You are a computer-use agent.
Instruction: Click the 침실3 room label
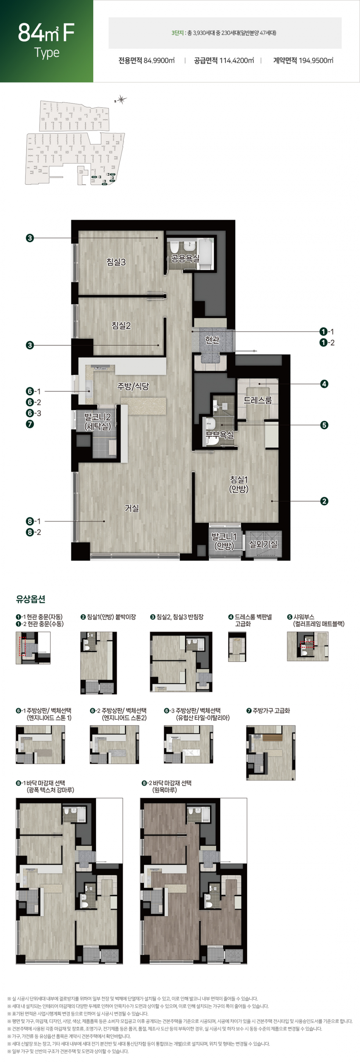click(116, 262)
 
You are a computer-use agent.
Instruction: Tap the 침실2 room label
click(121, 326)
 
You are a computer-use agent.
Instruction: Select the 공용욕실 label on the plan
click(186, 258)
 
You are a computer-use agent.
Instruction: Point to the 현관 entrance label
click(212, 340)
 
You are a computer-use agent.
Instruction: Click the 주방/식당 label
click(133, 386)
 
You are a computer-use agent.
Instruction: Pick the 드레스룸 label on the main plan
click(258, 400)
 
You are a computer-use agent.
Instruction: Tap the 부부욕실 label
click(220, 434)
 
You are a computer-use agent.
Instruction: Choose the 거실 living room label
click(132, 508)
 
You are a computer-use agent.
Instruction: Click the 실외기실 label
click(263, 544)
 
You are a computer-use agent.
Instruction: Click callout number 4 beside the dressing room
click(324, 384)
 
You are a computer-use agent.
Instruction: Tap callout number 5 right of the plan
click(324, 425)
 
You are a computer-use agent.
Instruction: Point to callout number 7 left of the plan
click(30, 424)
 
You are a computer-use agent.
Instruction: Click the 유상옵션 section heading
click(31, 599)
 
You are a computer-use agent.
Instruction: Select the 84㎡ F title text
click(46, 33)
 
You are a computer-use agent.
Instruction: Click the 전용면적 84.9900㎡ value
click(146, 61)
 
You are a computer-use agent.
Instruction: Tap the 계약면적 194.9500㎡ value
click(303, 61)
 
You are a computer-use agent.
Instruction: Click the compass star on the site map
click(121, 99)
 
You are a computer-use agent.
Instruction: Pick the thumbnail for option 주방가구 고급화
click(271, 753)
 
